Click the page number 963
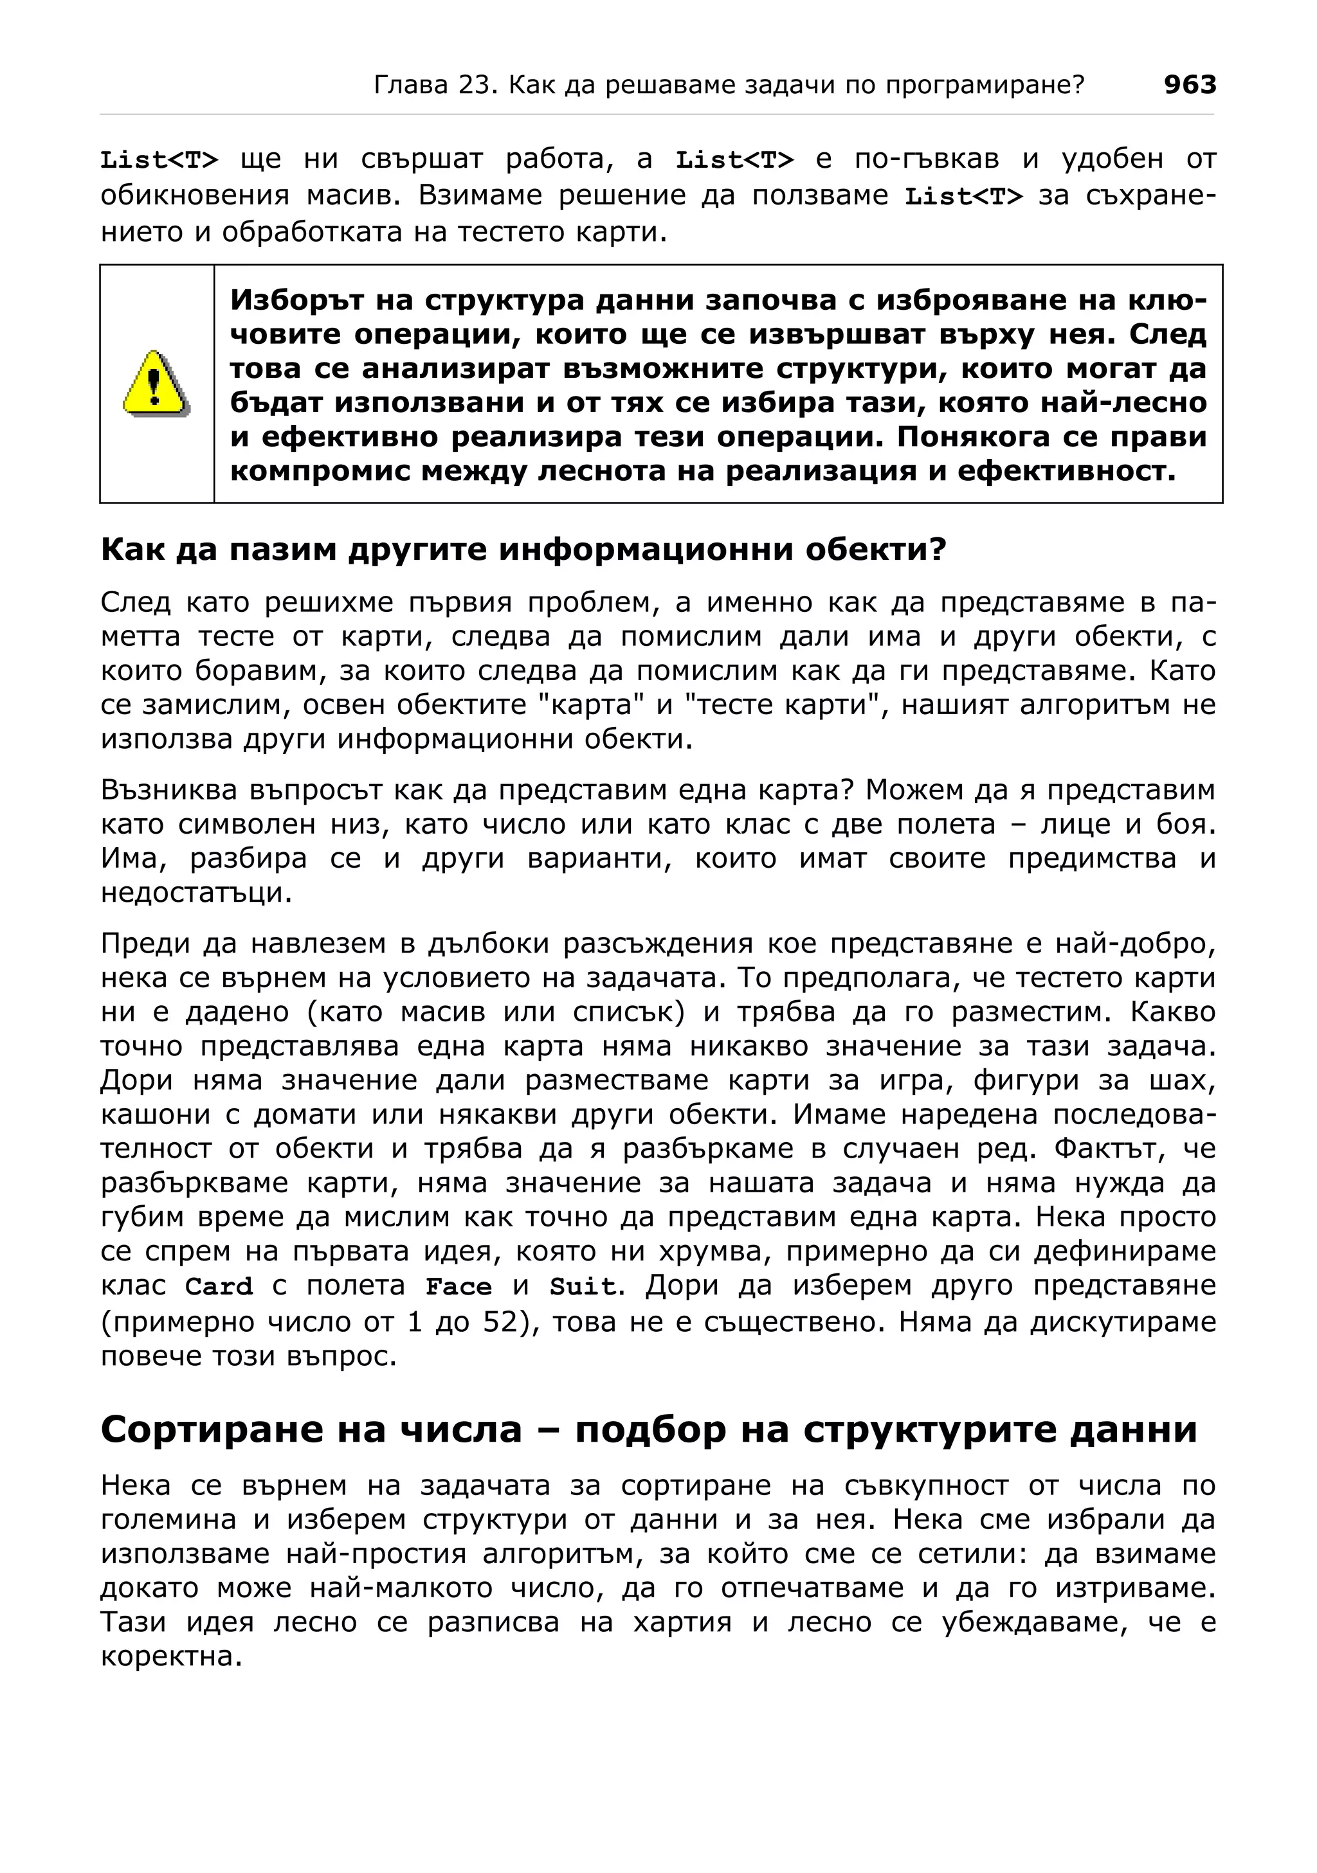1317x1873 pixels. [x=1189, y=85]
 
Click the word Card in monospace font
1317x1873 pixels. [x=219, y=1286]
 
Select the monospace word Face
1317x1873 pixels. [x=459, y=1286]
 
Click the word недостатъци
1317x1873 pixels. [x=196, y=892]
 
